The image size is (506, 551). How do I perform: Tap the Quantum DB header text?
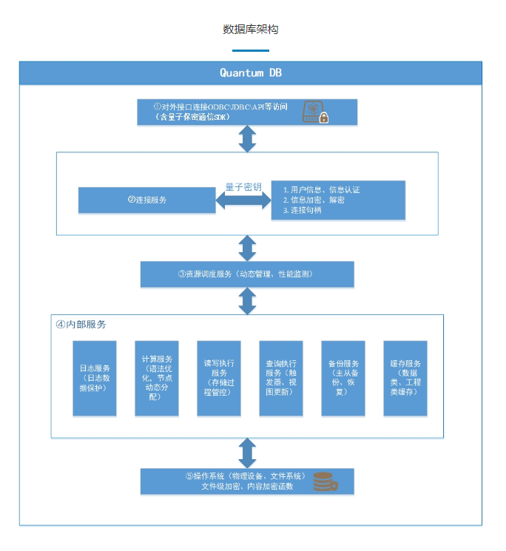click(250, 72)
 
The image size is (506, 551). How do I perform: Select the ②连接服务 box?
click(146, 200)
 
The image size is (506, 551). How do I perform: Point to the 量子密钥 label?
click(243, 187)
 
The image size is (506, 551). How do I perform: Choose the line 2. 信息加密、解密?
click(314, 200)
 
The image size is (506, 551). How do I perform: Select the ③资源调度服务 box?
click(247, 274)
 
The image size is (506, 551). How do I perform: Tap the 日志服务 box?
click(95, 377)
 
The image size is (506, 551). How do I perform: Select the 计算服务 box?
click(157, 377)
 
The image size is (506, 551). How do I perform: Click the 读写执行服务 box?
click(219, 377)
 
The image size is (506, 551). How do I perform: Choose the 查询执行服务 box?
click(281, 377)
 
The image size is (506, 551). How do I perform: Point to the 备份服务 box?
click(343, 377)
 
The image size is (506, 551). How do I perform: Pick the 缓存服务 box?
click(405, 377)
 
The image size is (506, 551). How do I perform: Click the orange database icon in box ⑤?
click(324, 481)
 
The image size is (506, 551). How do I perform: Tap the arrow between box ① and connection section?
click(247, 138)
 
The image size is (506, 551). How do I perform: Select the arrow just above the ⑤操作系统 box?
click(247, 452)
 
